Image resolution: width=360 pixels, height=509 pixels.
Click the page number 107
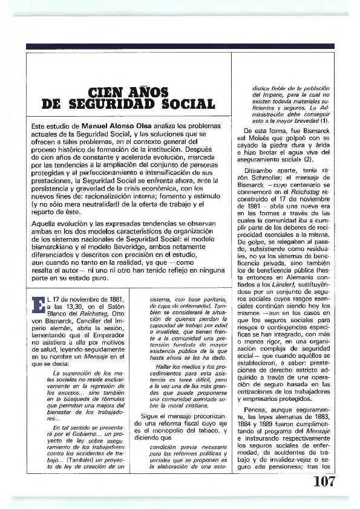tap(324, 481)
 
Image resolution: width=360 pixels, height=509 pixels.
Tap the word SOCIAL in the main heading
tap(188, 105)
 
